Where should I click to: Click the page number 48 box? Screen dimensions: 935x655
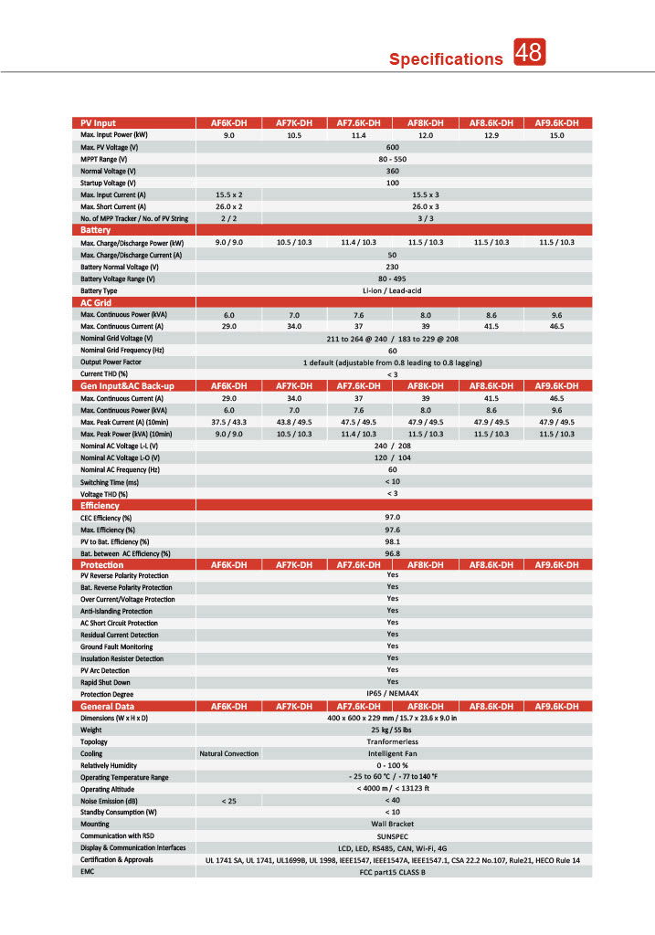pos(529,53)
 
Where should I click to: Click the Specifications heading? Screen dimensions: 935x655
pos(446,59)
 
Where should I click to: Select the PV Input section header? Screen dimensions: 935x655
pos(99,123)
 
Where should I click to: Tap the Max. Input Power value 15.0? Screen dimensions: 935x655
pos(556,135)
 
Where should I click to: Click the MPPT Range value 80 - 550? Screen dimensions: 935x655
pos(393,159)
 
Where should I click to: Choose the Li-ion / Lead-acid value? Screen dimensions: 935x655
pos(393,290)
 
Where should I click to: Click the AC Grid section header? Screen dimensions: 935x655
pos(96,302)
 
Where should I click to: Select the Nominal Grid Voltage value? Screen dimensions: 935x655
pos(393,338)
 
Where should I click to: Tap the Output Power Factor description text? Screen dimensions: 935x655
pos(393,362)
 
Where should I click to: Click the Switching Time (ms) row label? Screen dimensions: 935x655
pos(110,481)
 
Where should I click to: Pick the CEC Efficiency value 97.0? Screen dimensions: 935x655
pos(393,517)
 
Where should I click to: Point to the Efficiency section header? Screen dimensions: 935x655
pos(100,505)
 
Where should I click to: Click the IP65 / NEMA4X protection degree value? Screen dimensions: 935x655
pos(393,693)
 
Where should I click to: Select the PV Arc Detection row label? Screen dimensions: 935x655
pos(105,670)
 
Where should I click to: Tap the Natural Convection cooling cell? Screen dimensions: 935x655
pos(228,753)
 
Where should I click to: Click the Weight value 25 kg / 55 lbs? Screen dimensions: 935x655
pos(393,730)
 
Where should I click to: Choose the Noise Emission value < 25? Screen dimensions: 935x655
pos(228,800)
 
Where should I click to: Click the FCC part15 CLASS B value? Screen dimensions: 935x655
pos(393,871)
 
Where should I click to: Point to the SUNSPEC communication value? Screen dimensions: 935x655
pos(393,835)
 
